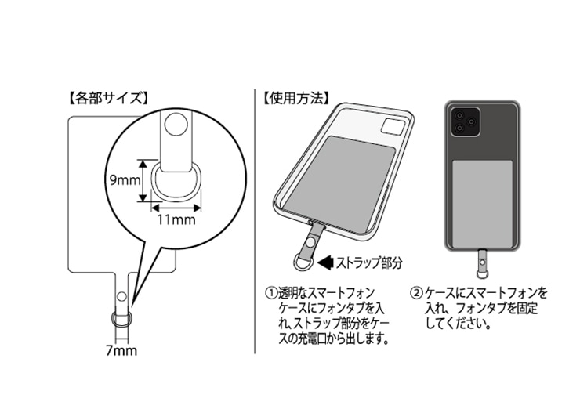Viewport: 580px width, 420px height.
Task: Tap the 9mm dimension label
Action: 123,180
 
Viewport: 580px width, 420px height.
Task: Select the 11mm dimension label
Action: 176,219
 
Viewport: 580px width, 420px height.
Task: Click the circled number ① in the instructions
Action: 271,292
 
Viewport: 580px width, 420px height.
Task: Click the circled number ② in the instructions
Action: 415,292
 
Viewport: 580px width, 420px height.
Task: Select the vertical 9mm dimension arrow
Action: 143,180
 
